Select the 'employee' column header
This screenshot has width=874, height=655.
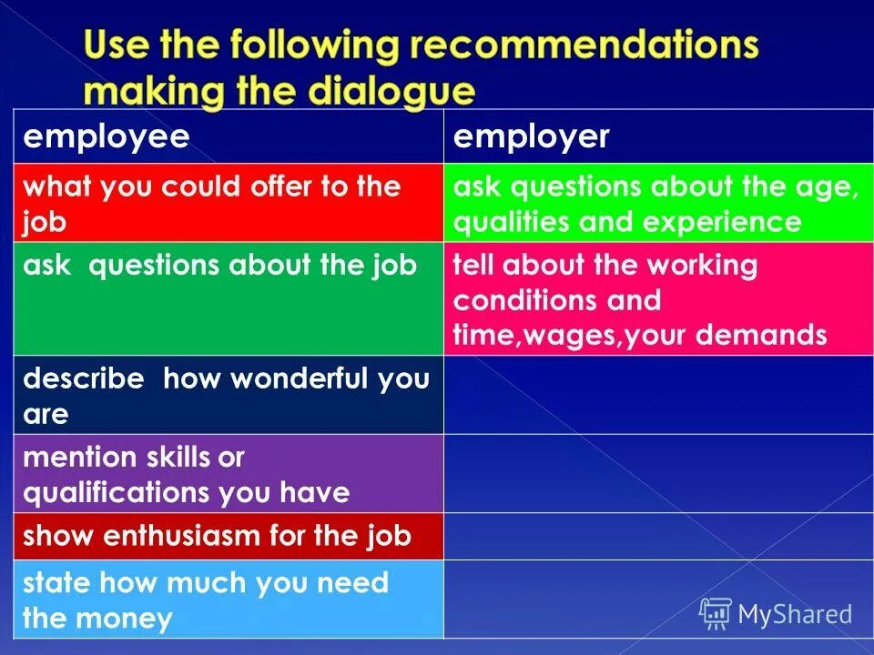107,137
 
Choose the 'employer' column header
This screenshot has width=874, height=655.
532,137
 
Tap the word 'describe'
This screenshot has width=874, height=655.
84,378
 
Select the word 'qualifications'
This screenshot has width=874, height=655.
117,493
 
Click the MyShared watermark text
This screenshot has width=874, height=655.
795,614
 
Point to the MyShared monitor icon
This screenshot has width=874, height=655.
716,614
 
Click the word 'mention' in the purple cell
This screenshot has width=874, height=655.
76,457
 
